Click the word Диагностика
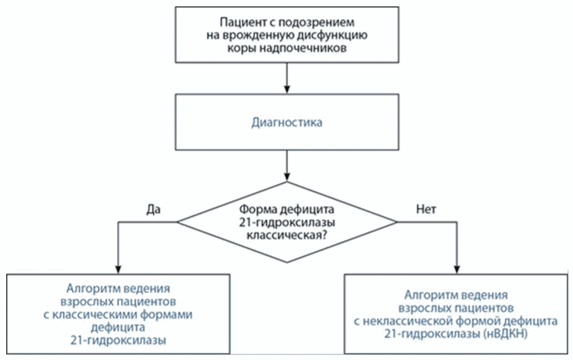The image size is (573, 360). (287, 122)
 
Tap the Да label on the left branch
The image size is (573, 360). (153, 210)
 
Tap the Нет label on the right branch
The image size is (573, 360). (426, 209)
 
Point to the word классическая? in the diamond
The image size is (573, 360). (287, 235)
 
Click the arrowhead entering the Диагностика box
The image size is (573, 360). (287, 89)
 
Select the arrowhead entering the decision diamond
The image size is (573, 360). (287, 176)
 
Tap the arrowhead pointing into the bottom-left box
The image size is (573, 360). (118, 269)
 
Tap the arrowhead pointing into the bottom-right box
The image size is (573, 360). (457, 269)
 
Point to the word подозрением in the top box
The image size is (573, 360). (316, 23)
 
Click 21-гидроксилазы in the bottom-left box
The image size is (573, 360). (118, 340)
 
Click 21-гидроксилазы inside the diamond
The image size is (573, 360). (287, 222)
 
